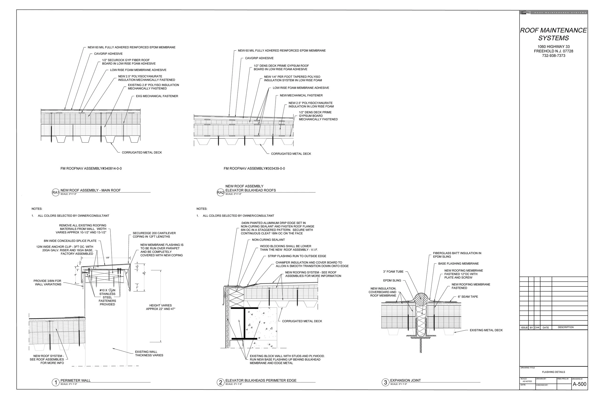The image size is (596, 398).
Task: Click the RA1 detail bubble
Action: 55,192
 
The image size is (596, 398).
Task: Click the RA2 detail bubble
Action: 221,192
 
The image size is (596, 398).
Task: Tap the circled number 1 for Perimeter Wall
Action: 55,382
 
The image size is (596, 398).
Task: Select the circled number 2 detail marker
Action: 221,382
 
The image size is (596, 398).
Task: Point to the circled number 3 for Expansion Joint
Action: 385,382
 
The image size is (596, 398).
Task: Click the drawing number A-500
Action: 580,384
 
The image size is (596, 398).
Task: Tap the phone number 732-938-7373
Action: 554,55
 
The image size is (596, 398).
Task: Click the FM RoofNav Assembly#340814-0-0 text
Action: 91,169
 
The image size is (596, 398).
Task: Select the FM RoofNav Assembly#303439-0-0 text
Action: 254,169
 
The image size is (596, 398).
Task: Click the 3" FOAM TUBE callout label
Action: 393,272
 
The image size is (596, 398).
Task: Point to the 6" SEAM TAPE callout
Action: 468,297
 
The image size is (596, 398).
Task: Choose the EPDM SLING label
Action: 392,281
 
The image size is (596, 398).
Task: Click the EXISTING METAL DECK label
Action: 486,330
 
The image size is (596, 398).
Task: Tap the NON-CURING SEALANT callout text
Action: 268,240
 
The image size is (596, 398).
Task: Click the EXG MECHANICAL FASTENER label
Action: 157,96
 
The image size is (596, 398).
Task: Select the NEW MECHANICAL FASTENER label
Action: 301,96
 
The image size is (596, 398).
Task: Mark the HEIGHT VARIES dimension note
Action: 160,307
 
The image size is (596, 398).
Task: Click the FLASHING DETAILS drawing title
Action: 553,372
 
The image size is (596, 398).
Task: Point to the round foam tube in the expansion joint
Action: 421,300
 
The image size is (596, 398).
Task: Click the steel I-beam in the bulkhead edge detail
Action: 244,323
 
